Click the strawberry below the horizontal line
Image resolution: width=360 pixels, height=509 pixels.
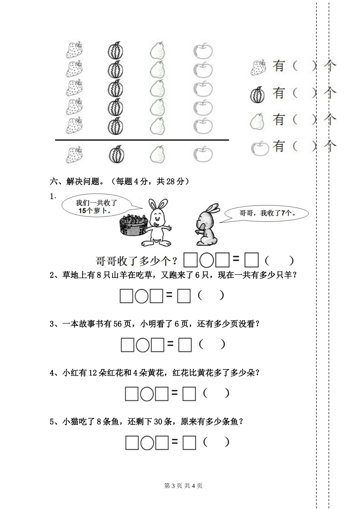(74, 155)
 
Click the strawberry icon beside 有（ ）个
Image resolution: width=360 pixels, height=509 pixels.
(258, 67)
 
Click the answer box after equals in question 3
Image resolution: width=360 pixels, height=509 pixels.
(185, 345)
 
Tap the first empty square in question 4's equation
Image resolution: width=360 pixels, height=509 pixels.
(131, 394)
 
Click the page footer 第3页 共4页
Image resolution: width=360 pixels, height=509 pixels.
(183, 485)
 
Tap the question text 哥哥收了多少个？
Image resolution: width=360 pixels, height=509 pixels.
(138, 261)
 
